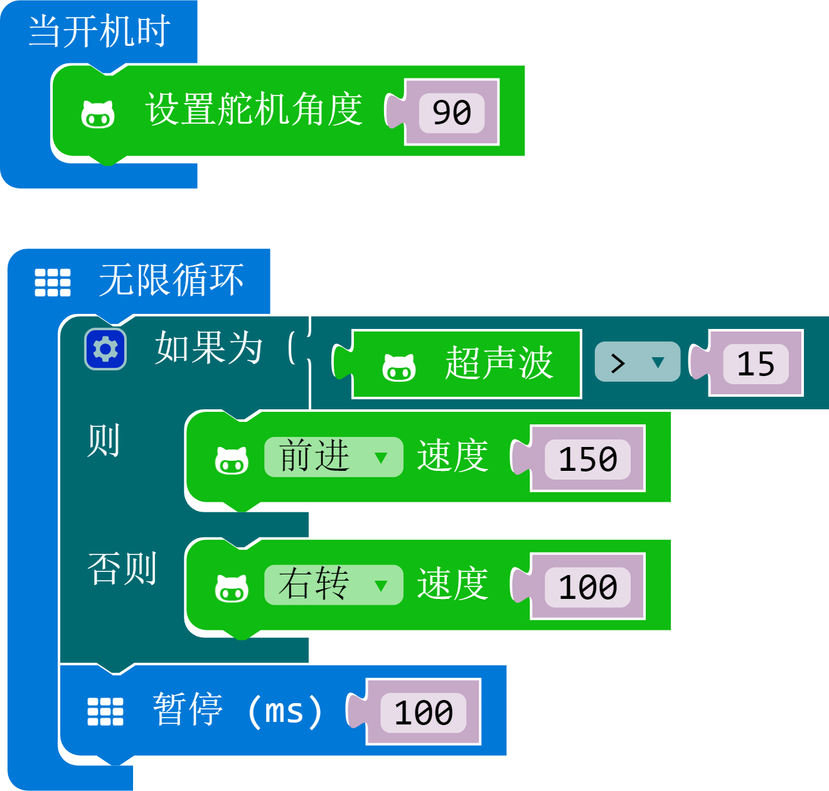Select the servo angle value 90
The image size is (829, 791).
tap(452, 112)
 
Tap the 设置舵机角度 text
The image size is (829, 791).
tap(254, 109)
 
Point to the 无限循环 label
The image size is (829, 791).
tap(171, 280)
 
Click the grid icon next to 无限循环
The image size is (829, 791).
tap(53, 282)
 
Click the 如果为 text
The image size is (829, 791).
tap(209, 348)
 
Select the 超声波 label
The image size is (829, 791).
tap(499, 363)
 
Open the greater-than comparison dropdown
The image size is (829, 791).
tap(637, 362)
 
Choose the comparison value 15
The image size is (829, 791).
tap(756, 363)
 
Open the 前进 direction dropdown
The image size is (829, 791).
tap(333, 457)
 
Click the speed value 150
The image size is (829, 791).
tap(587, 460)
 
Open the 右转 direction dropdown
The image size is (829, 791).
tap(333, 584)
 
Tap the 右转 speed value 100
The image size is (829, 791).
tap(587, 587)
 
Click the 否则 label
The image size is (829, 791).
tap(122, 569)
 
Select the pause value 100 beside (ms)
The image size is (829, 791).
tap(423, 713)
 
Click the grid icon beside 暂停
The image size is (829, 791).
tap(105, 712)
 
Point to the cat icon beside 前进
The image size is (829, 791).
tap(232, 460)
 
